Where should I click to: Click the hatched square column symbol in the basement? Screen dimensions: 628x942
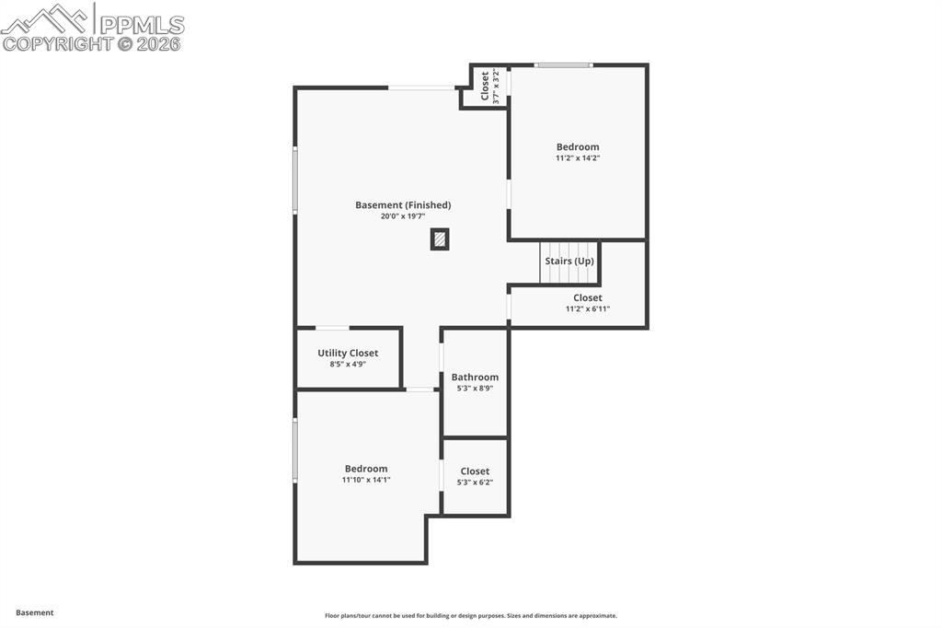pos(440,239)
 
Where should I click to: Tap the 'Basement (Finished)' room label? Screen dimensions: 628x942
pos(403,205)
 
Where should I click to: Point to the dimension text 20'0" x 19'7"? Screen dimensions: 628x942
pos(403,216)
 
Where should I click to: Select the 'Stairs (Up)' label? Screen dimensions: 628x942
pos(569,262)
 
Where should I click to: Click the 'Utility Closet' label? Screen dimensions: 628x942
pos(348,353)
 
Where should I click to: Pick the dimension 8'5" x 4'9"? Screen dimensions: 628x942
pos(348,365)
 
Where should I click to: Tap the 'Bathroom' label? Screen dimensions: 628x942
pos(475,377)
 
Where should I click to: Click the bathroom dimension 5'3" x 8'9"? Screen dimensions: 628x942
pos(475,389)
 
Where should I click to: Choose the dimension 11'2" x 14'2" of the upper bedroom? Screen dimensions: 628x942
pos(578,158)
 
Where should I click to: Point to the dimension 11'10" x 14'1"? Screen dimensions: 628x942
pos(366,480)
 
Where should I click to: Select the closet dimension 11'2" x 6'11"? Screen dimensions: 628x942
pos(588,309)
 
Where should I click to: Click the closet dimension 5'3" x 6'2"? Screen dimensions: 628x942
pos(475,483)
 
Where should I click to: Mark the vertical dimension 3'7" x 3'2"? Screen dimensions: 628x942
pos(497,87)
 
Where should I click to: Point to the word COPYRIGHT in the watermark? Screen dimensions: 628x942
pos(57,43)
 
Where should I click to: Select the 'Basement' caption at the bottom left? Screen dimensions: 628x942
pos(35,612)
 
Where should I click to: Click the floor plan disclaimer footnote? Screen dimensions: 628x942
pos(470,616)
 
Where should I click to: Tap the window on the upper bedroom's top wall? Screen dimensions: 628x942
pos(564,64)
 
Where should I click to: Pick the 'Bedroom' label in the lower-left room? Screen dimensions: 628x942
pos(366,469)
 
